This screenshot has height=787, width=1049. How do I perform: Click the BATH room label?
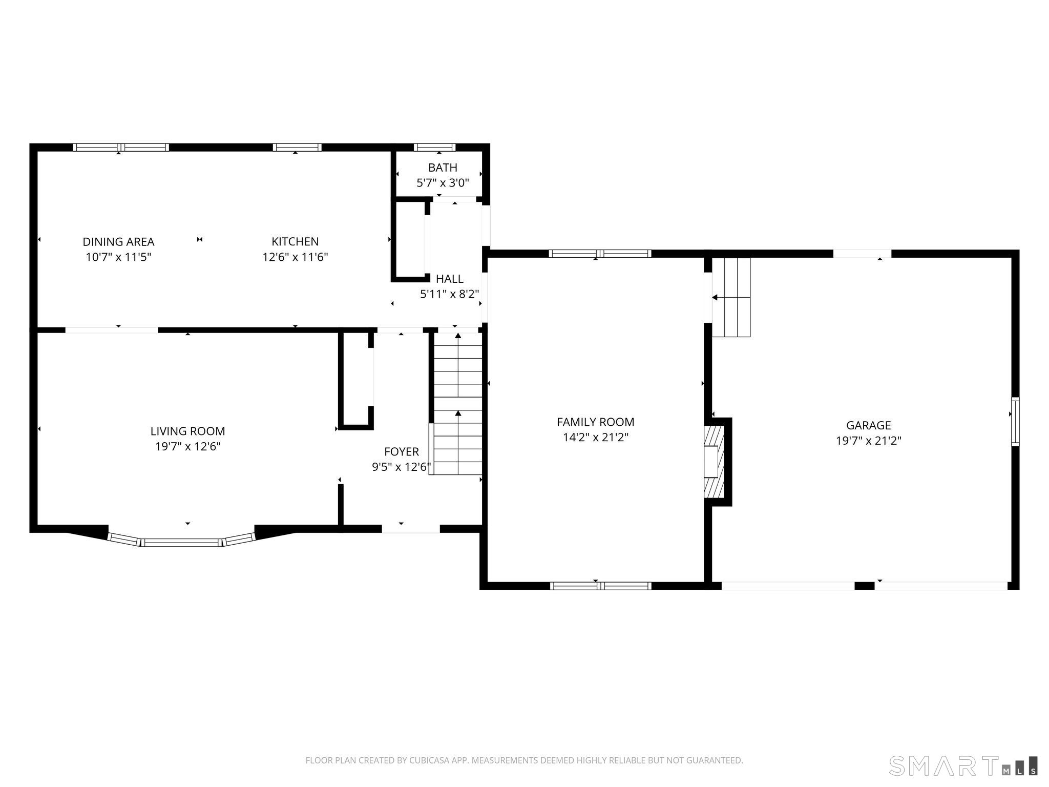[x=443, y=168]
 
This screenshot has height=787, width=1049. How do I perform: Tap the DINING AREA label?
[x=118, y=241]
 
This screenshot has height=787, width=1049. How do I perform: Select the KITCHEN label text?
[x=295, y=241]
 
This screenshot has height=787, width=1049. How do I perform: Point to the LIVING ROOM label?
[x=187, y=431]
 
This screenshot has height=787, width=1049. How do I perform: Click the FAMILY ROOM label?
[x=595, y=422]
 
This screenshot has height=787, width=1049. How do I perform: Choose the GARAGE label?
[x=868, y=425]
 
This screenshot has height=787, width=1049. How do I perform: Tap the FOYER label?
[x=402, y=452]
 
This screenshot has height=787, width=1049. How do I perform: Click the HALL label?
[x=450, y=279]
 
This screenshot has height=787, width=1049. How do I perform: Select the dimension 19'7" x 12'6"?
[x=187, y=447]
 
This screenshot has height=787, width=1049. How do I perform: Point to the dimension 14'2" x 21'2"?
[x=595, y=438]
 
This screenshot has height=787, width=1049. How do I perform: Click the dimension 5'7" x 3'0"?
[x=443, y=183]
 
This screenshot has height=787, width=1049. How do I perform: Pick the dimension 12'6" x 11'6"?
[x=295, y=257]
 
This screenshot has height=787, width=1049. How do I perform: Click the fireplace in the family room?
[x=716, y=462]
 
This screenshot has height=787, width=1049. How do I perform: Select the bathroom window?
[x=435, y=148]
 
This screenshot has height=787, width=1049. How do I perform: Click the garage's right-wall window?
[x=1015, y=422]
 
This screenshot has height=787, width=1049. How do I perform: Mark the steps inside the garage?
[x=731, y=297]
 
